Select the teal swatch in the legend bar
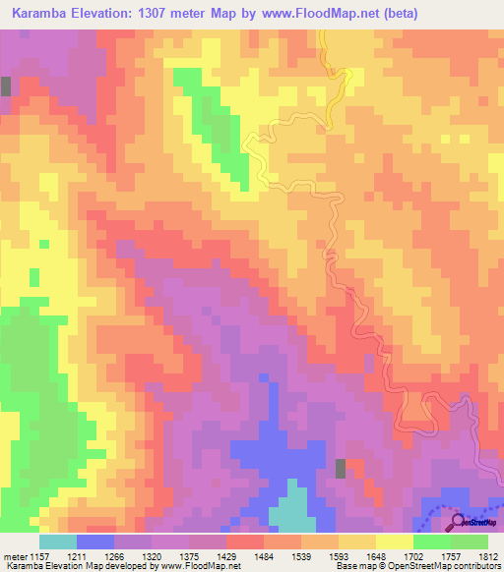(58, 542)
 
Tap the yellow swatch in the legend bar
(396, 542)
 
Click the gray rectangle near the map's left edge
(6, 86)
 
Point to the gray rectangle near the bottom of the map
(341, 469)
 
